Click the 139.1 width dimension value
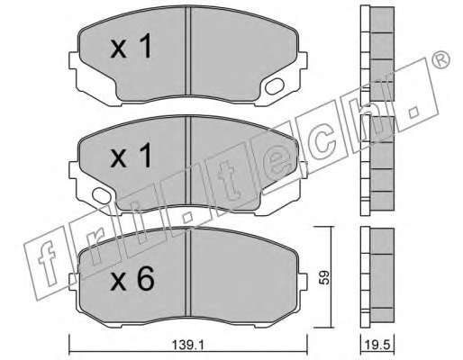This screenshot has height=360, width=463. [x=188, y=345]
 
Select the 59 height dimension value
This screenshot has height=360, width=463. [x=323, y=277]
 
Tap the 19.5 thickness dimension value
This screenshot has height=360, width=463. [x=377, y=344]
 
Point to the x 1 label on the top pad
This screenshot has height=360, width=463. [x=131, y=46]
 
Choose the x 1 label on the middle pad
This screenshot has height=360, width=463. [x=131, y=155]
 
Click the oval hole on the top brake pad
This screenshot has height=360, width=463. [x=275, y=85]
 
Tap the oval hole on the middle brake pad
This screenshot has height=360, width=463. [x=102, y=195]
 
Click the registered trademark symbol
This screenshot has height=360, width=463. [x=440, y=59]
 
